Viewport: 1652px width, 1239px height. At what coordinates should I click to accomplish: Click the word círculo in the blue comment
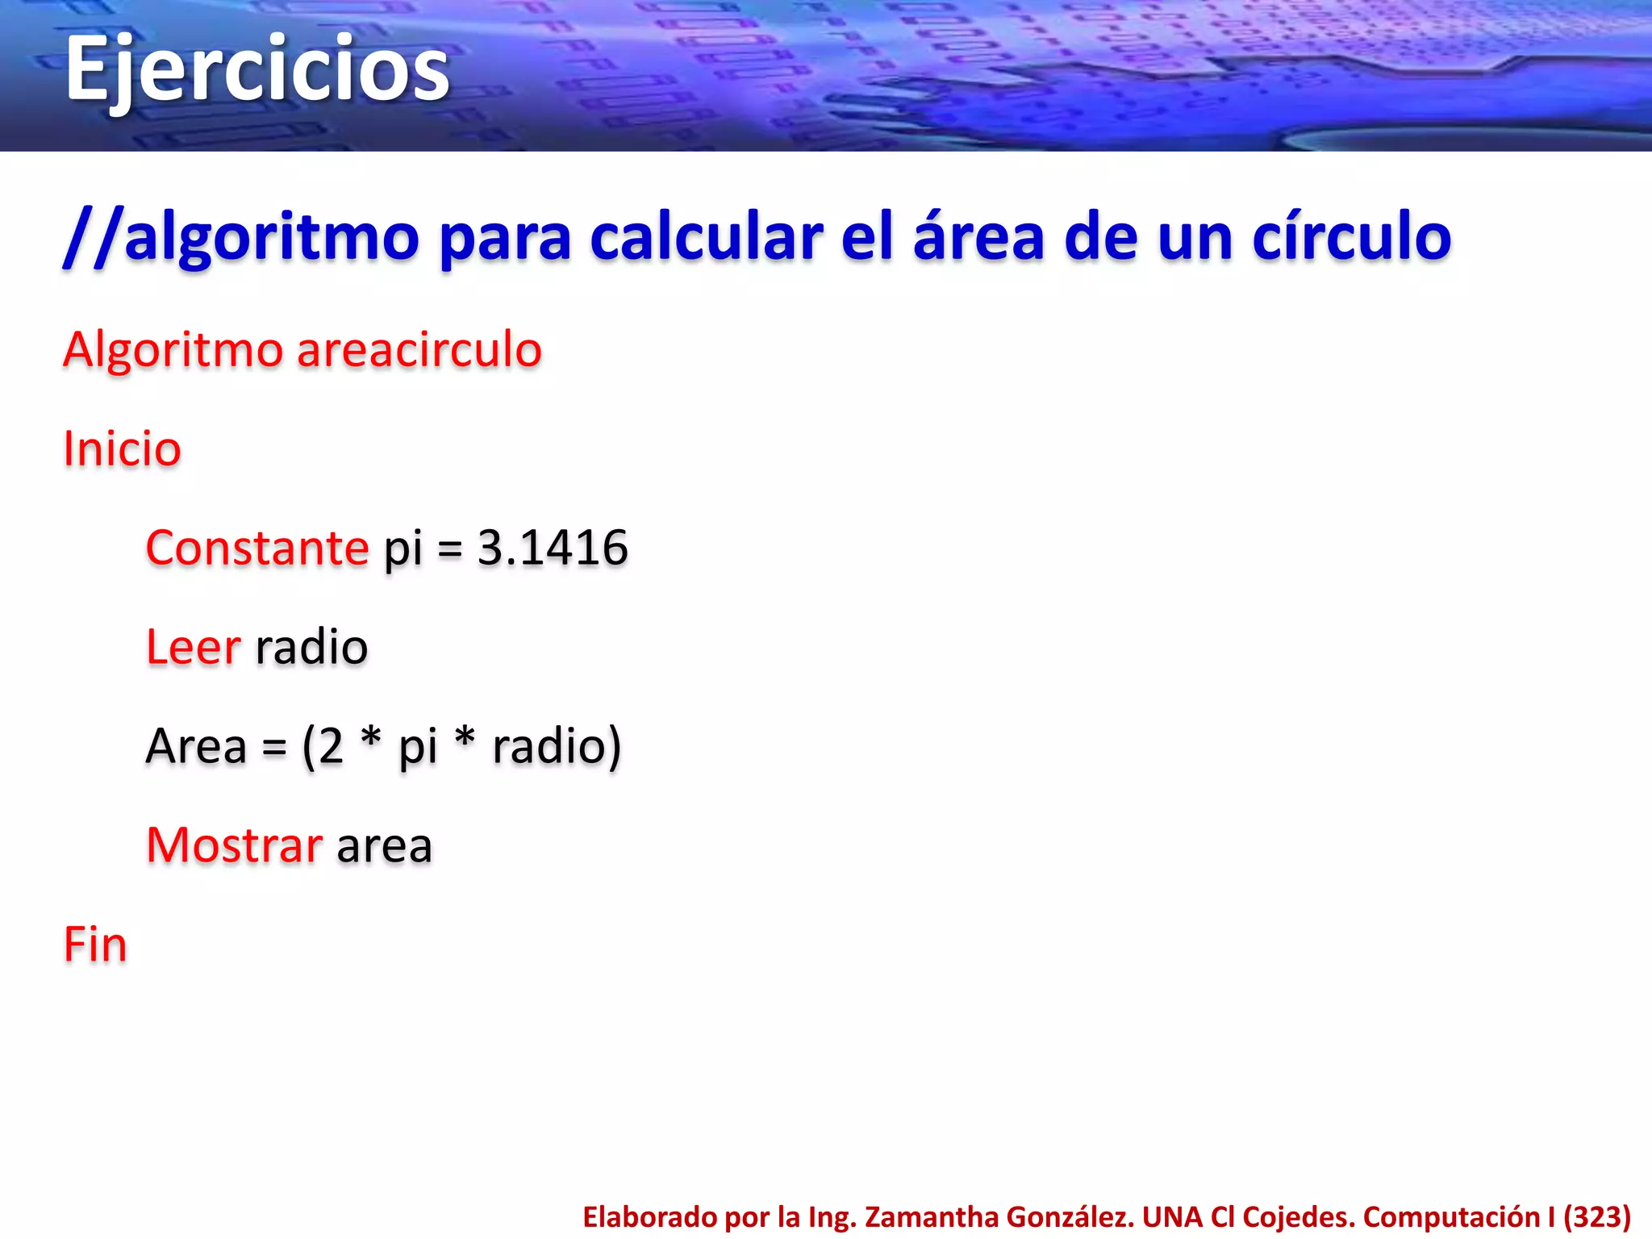pos(1351,237)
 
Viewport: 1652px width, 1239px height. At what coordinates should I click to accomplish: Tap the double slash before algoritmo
pos(93,237)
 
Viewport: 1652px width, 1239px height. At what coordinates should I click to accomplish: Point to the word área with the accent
pos(978,237)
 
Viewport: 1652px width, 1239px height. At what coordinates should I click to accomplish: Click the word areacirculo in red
pos(419,350)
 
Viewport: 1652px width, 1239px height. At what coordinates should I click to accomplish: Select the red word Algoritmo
pos(173,352)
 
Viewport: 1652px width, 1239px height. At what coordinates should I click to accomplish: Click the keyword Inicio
pos(122,449)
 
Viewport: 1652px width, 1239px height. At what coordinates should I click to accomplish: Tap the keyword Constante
pos(257,549)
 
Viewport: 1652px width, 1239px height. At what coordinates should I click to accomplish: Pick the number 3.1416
pos(553,549)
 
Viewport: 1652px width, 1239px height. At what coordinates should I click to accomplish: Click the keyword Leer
pos(194,648)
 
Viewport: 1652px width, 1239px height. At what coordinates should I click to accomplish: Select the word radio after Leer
pos(311,648)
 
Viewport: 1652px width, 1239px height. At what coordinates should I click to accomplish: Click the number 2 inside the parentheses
pos(331,746)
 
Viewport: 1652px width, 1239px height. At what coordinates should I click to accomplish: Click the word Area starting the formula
pos(196,746)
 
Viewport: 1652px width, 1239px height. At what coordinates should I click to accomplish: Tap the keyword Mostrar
pos(234,845)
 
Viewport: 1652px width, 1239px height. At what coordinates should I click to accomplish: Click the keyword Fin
pos(95,945)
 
